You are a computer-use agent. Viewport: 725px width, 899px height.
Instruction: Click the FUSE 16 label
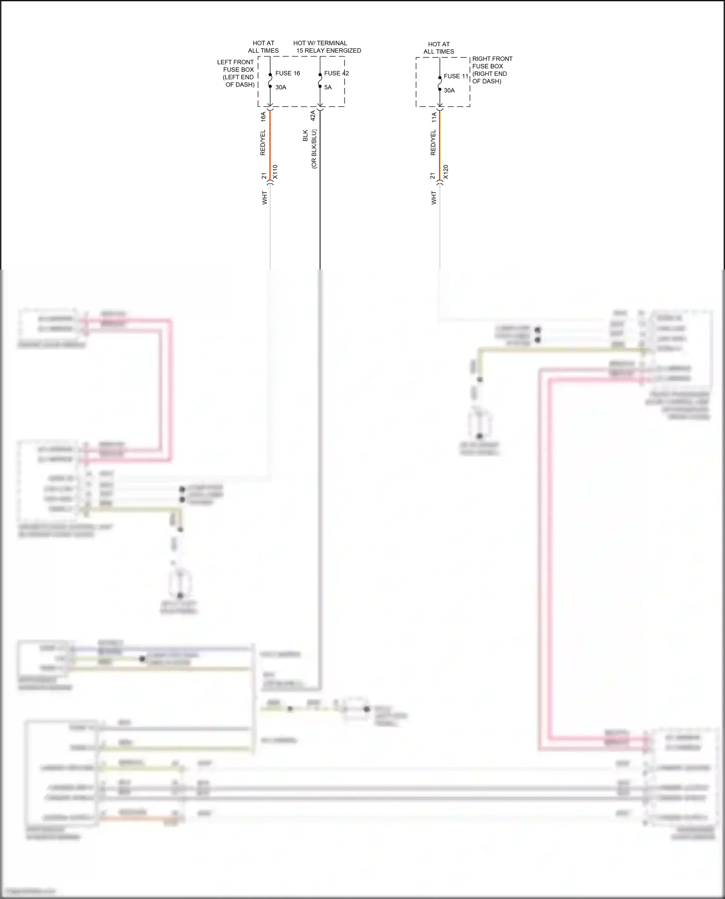pyautogui.click(x=288, y=73)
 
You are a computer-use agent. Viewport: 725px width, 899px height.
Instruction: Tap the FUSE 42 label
pyautogui.click(x=336, y=73)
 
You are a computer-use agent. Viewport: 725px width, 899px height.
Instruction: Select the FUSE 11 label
pyautogui.click(x=456, y=76)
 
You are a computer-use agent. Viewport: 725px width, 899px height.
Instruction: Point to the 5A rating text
pyautogui.click(x=328, y=87)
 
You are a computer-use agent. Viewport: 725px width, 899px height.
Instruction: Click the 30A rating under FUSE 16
pyautogui.click(x=281, y=87)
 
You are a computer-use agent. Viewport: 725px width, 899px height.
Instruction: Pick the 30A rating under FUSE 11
pyautogui.click(x=449, y=90)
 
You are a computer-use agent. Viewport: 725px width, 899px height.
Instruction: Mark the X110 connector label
pyautogui.click(x=275, y=172)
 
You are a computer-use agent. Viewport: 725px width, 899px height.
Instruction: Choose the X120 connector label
pyautogui.click(x=446, y=172)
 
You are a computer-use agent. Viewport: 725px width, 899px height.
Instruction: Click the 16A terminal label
pyautogui.click(x=263, y=116)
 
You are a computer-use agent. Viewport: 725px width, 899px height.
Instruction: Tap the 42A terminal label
pyautogui.click(x=313, y=115)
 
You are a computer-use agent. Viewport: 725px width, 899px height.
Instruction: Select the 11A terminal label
pyautogui.click(x=434, y=116)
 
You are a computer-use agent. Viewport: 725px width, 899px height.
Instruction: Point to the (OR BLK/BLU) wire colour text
pyautogui.click(x=314, y=149)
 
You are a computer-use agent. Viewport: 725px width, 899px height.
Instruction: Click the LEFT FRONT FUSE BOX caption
pyautogui.click(x=237, y=73)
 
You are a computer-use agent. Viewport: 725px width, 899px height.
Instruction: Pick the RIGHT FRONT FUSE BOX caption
pyautogui.click(x=492, y=70)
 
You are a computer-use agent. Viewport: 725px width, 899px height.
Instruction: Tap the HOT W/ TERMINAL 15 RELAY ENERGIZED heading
pyautogui.click(x=327, y=47)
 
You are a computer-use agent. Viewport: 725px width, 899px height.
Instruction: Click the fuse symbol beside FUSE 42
pyautogui.click(x=320, y=81)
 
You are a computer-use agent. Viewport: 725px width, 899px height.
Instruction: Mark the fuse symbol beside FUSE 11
pyautogui.click(x=440, y=84)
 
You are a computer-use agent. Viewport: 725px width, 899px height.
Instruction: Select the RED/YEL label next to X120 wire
pyautogui.click(x=433, y=143)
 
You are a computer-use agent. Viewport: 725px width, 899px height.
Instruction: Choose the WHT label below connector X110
pyautogui.click(x=264, y=198)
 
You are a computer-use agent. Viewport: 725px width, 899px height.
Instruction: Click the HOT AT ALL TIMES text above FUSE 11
pyautogui.click(x=439, y=48)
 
